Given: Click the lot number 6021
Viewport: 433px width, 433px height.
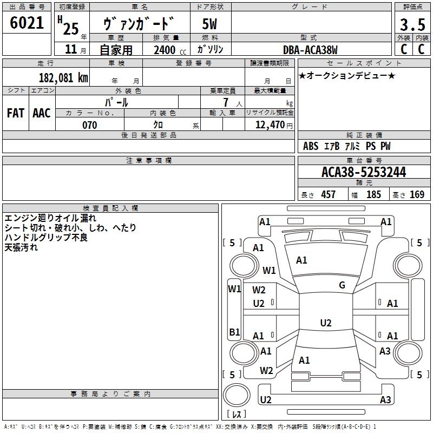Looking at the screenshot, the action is coord(27,23).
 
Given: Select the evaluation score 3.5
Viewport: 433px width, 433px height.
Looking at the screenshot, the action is coord(412,25).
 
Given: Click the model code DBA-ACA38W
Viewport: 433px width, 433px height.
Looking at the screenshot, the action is coord(310,50).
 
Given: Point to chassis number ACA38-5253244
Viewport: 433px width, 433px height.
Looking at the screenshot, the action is coord(364,172).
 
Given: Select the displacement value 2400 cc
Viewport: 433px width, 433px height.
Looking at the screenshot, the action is coord(166,50).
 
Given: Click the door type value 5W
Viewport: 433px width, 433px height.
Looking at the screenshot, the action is coord(209,24).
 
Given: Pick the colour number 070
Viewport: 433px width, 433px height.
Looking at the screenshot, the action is coord(89,125).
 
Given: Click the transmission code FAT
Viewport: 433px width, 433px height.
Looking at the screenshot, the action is coord(15,113).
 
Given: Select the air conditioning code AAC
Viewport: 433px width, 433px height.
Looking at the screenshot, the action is coord(42,113).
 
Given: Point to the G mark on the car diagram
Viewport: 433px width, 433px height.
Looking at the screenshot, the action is coord(342,285).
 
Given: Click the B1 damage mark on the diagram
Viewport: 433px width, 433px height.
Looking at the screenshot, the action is coord(234,332).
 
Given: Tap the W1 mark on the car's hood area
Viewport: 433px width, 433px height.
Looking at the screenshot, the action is coord(269,270).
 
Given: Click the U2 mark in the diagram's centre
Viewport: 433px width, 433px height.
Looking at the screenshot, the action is coord(326,323).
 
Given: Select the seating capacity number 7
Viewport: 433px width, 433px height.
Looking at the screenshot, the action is coord(225,102).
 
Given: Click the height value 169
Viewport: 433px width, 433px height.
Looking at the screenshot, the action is coord(417,194).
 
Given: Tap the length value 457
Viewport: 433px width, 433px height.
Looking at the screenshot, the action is coord(328,194).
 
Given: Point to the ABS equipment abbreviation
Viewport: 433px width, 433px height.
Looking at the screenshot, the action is coord(311,146).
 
